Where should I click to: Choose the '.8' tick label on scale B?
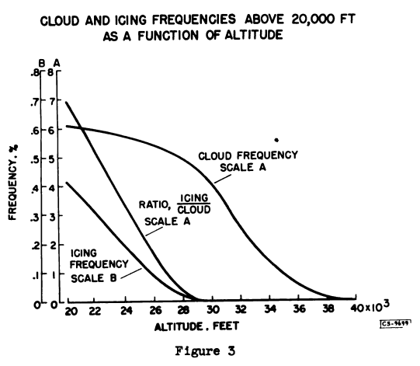(35, 74)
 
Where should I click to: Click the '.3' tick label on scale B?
(35, 218)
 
